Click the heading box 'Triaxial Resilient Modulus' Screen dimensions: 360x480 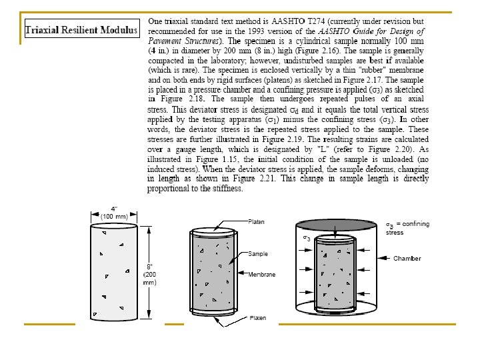(81, 30)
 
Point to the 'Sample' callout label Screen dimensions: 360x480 (258, 254)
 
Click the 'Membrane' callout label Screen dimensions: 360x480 (261, 273)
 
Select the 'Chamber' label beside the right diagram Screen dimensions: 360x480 (408, 258)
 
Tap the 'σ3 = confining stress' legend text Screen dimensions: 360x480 (407, 227)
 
